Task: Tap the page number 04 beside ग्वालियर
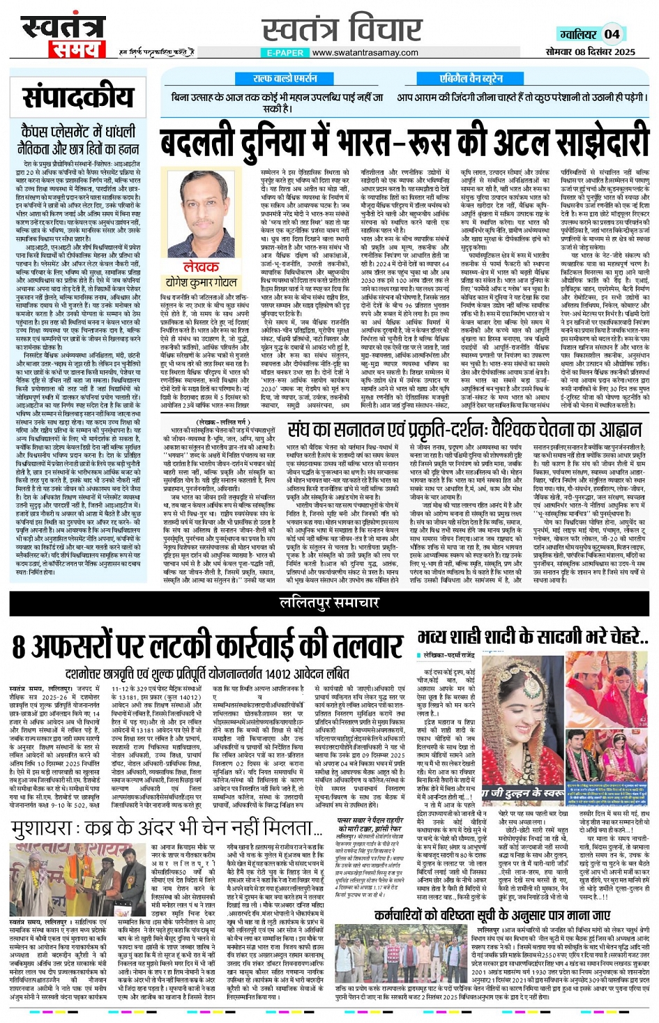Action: pos(612,33)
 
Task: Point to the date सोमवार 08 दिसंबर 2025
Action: pos(590,52)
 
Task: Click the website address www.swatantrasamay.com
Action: pos(365,52)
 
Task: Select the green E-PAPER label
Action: pos(285,52)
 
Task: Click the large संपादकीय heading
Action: pos(78,98)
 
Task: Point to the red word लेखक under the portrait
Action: pos(202,267)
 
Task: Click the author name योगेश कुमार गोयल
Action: pos(202,282)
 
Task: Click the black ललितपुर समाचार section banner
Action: pos(329,601)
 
